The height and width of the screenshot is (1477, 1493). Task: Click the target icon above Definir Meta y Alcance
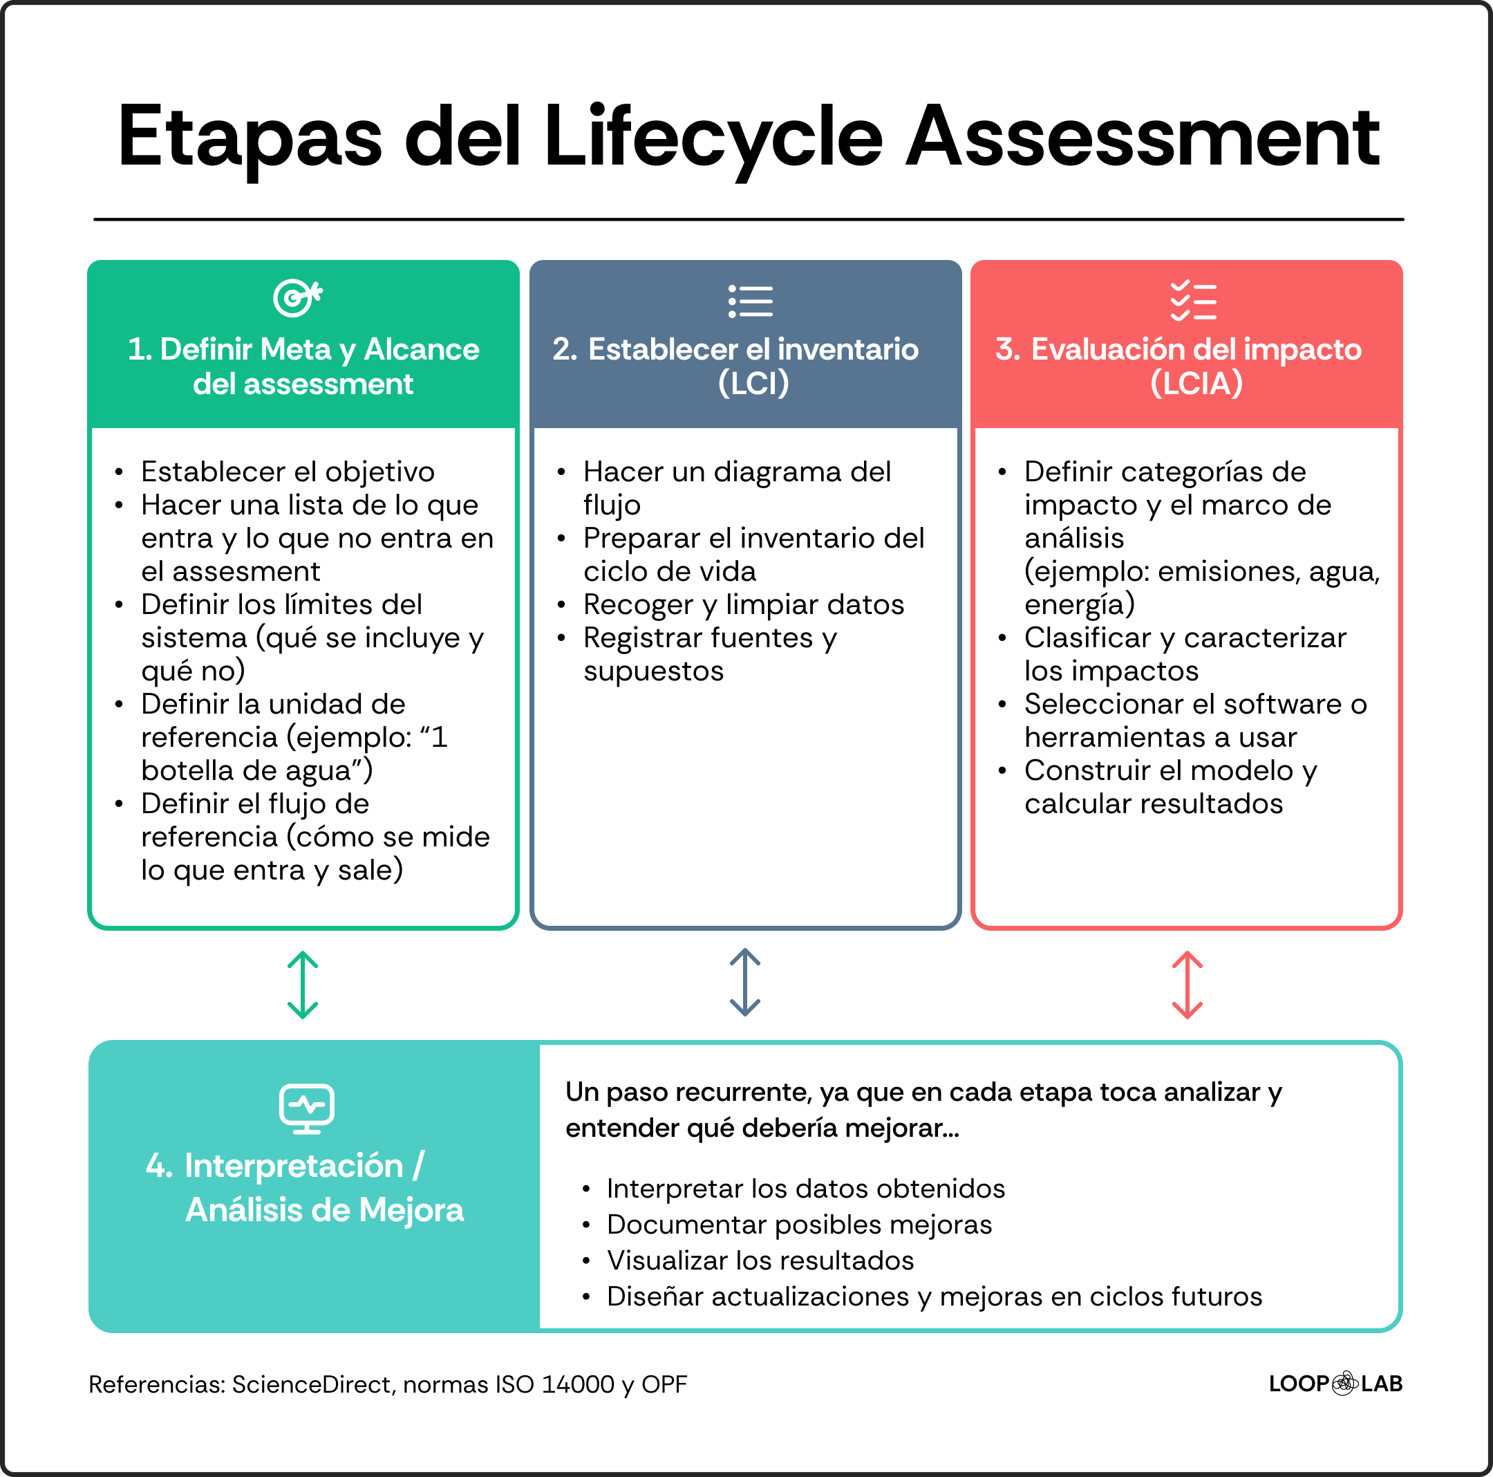point(297,298)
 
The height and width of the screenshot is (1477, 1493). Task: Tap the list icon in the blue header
point(749,301)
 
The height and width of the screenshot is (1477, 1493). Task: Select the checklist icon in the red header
point(1192,301)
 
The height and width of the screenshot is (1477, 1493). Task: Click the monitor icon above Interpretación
point(306,1108)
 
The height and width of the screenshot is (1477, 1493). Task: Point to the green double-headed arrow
point(303,985)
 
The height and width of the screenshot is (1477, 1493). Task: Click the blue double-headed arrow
point(745,983)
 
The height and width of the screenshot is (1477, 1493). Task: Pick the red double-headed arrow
point(1187,985)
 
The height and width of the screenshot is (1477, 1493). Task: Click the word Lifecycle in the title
point(713,138)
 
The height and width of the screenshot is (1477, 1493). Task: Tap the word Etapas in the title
point(250,138)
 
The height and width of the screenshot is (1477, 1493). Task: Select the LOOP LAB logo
point(1335,1384)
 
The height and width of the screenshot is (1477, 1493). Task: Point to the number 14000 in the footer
point(578,1384)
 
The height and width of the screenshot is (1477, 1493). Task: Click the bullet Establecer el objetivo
point(288,472)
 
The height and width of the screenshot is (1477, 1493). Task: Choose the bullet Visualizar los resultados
point(760,1260)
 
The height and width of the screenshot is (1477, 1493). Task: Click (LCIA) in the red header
point(1196,383)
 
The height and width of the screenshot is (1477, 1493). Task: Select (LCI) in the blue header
point(753,383)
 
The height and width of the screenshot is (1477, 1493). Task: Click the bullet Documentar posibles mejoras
point(799,1224)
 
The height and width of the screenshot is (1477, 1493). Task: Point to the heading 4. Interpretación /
point(285,1166)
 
